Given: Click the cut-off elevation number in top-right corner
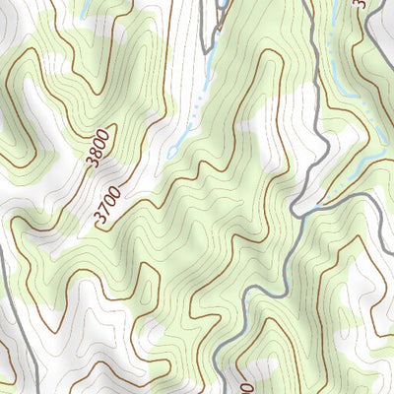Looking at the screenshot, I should (361, 5).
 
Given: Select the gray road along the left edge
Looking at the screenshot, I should (5, 295).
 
